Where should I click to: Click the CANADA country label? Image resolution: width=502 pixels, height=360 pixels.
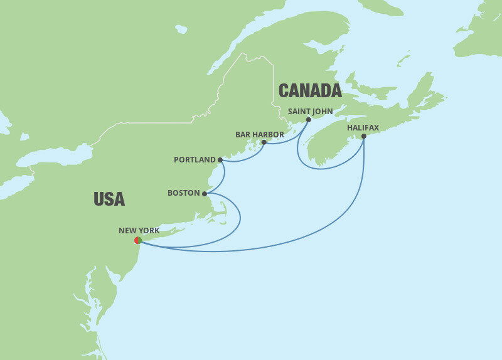[x=310, y=91]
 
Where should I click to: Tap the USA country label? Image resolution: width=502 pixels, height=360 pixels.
[x=109, y=199]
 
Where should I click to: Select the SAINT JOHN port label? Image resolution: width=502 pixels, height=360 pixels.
[x=310, y=111]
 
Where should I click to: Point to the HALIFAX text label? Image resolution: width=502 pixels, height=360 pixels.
[x=363, y=127]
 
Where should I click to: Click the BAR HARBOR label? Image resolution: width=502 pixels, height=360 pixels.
[x=260, y=134]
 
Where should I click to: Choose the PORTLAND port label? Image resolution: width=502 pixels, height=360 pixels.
[x=195, y=160]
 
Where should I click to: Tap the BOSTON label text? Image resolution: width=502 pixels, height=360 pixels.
[x=184, y=193]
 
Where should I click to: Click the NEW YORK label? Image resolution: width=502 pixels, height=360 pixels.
[x=139, y=231]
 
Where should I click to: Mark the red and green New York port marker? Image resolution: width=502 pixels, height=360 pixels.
[x=138, y=240]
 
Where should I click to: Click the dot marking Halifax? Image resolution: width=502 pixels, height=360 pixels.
[x=364, y=136]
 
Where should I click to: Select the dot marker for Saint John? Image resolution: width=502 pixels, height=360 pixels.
[x=308, y=120]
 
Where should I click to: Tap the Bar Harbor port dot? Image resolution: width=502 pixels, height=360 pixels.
[x=264, y=142]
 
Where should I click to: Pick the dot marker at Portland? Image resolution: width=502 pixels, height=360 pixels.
[x=220, y=160]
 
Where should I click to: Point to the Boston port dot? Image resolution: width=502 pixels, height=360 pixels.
[x=205, y=194]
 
